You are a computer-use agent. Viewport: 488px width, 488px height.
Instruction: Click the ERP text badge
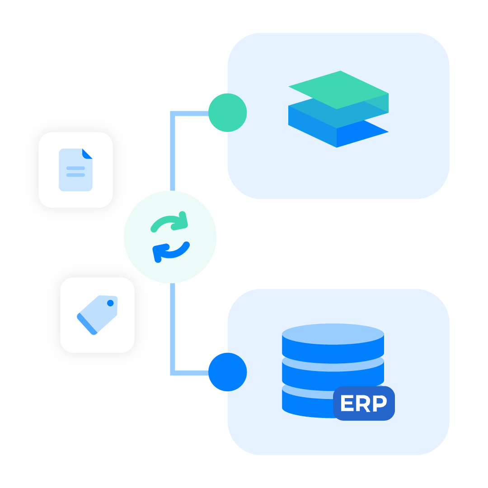coord(364,403)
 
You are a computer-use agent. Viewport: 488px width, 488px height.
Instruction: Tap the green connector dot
coord(227,113)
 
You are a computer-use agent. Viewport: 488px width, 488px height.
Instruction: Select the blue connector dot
coord(227,372)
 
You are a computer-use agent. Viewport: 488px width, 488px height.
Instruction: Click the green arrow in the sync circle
coord(170,223)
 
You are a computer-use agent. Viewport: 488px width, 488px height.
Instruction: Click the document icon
coord(75,170)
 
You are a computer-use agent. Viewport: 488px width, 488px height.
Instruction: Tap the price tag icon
coord(97,314)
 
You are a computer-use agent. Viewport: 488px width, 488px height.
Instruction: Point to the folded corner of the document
coord(88,153)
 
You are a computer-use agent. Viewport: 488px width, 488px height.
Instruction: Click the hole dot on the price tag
coord(110,303)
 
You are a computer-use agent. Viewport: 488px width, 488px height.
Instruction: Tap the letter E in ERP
coord(347,404)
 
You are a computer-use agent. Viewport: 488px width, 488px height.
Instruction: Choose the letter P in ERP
coord(380,404)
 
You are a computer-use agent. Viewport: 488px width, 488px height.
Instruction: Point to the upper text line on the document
coord(75,168)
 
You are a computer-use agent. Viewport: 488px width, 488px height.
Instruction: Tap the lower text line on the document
coord(75,175)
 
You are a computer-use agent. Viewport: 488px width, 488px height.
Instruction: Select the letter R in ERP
coord(364,404)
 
